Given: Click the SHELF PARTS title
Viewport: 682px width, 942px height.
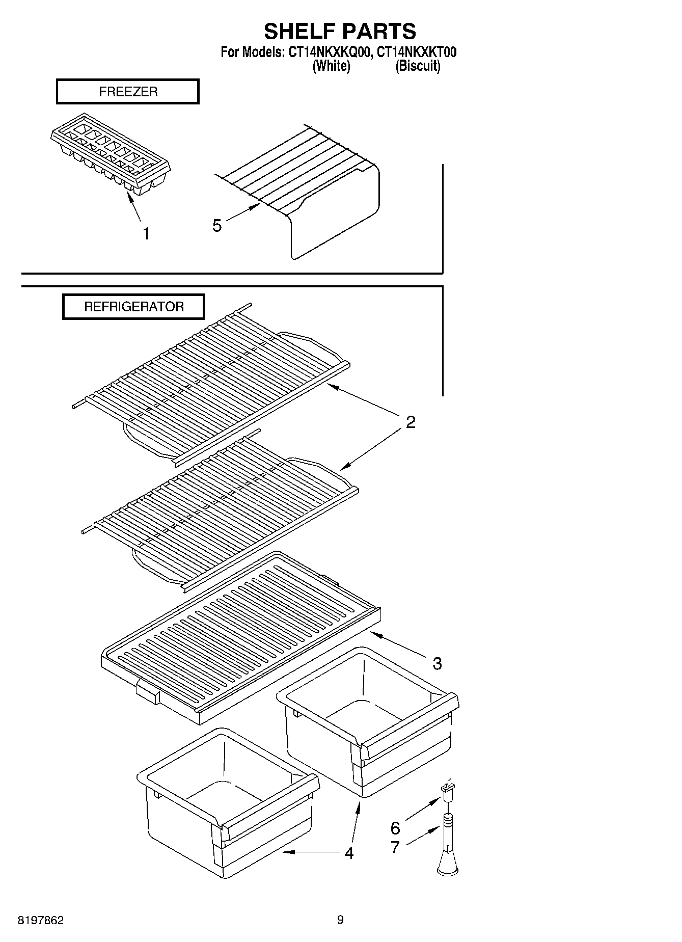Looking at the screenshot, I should tap(340, 32).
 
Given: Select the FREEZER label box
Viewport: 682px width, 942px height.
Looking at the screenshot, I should tap(127, 92).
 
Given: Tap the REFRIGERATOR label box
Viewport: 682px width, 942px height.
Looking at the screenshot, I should tap(133, 307).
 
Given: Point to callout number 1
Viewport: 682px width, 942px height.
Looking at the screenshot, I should tap(146, 234).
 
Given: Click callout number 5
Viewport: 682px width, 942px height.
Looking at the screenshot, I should tap(217, 225).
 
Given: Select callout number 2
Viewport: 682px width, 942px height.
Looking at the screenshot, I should tap(411, 422).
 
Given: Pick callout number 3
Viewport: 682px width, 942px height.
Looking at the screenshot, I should tap(437, 663).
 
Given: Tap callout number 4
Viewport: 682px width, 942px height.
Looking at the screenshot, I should tap(348, 852).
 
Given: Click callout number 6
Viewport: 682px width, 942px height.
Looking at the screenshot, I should tap(395, 827).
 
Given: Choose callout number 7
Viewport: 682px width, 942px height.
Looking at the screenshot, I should tap(395, 847).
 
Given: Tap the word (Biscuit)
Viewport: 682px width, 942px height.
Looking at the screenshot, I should tap(418, 66).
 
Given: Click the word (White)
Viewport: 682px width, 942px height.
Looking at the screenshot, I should tap(331, 66).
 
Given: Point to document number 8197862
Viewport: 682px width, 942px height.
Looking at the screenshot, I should tap(41, 920).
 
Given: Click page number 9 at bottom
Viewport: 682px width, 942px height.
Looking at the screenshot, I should tap(340, 920).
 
